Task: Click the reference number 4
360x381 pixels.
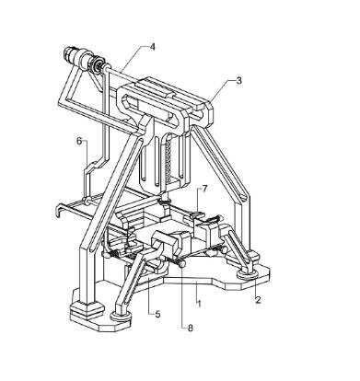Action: click(152, 47)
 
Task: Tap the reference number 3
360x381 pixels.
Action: click(239, 80)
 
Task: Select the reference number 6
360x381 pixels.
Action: click(79, 141)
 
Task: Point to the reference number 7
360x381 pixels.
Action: click(204, 189)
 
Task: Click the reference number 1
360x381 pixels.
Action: click(199, 304)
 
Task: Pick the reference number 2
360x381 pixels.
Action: click(258, 300)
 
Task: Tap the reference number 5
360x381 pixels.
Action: click(157, 314)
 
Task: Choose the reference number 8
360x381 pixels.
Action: click(191, 329)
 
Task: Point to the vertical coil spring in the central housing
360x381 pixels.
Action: click(168, 159)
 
